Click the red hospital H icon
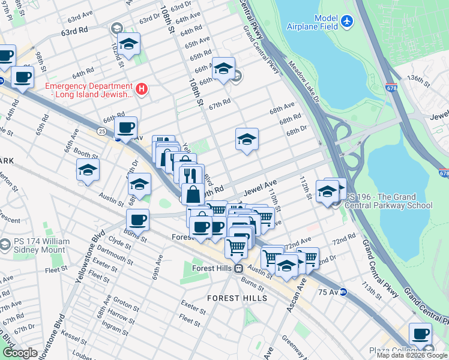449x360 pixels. (x=142, y=89)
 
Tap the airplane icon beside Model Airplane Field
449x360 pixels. (x=347, y=21)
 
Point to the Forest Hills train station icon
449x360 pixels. (x=238, y=269)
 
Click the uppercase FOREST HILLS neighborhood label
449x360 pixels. (x=232, y=298)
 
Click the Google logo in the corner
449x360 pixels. (x=20, y=353)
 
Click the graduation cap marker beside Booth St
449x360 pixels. (x=88, y=170)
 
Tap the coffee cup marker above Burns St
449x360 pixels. (x=138, y=220)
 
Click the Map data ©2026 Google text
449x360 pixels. (x=412, y=355)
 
